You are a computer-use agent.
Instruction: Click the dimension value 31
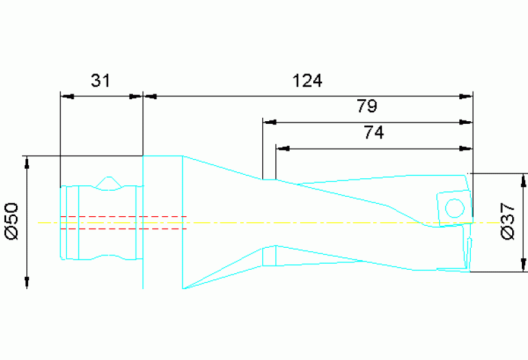click(101, 81)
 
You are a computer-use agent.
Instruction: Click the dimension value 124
click(307, 81)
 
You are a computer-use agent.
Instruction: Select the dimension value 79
click(366, 107)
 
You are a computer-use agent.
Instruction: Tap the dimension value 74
click(373, 133)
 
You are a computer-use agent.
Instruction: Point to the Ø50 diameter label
click(12, 222)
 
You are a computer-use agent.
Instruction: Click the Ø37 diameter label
click(509, 222)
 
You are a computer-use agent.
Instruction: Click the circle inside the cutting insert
click(454, 207)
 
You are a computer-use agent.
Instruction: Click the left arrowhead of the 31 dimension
click(66, 97)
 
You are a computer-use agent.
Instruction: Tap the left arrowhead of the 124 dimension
click(149, 97)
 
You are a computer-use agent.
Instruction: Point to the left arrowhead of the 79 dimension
click(269, 123)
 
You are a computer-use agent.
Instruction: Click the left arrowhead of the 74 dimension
click(282, 148)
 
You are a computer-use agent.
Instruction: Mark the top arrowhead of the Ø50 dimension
click(28, 162)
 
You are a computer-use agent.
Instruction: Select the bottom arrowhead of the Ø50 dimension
click(28, 282)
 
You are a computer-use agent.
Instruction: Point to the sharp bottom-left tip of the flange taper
click(184, 288)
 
